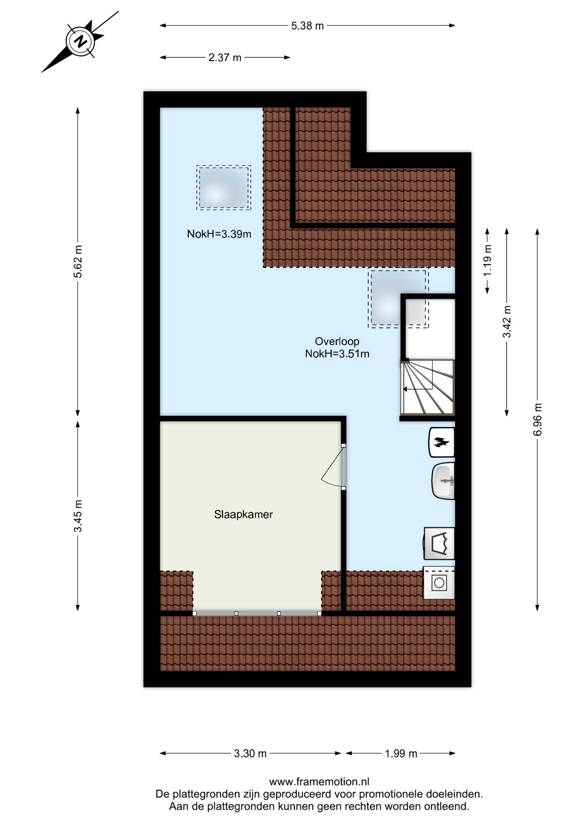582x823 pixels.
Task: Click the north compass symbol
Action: pos(80,41)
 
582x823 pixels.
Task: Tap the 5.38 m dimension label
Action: pos(307,26)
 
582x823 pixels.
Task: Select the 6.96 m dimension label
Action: pos(537,419)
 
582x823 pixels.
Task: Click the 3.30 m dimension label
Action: pos(250,754)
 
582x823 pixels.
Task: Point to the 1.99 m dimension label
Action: pos(401,754)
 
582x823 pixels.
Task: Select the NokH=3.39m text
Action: pos(219,234)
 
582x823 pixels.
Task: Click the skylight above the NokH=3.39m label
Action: pos(224,188)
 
